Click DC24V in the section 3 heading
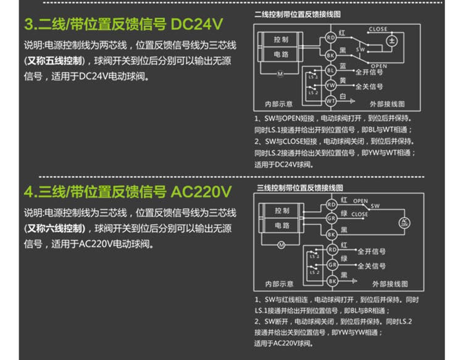coord(196,25)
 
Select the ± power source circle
coord(391,41)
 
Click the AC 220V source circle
coord(404,222)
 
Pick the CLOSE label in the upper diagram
coord(378,29)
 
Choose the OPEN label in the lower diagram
coord(361,201)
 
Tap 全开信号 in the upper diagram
coord(370,72)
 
